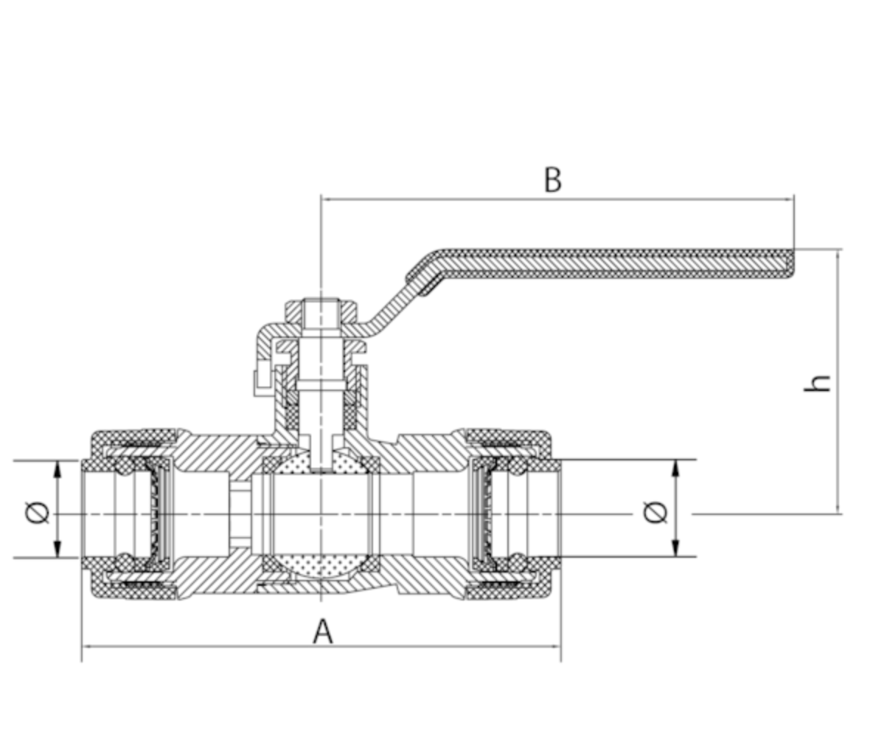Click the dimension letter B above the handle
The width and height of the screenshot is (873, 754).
(x=552, y=179)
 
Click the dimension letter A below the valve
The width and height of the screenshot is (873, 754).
(x=322, y=632)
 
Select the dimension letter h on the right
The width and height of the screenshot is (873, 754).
(x=818, y=382)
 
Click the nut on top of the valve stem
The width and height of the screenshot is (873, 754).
(x=321, y=310)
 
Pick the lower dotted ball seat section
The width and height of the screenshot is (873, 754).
(x=322, y=565)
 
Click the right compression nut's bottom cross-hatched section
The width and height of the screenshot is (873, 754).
(x=509, y=591)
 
